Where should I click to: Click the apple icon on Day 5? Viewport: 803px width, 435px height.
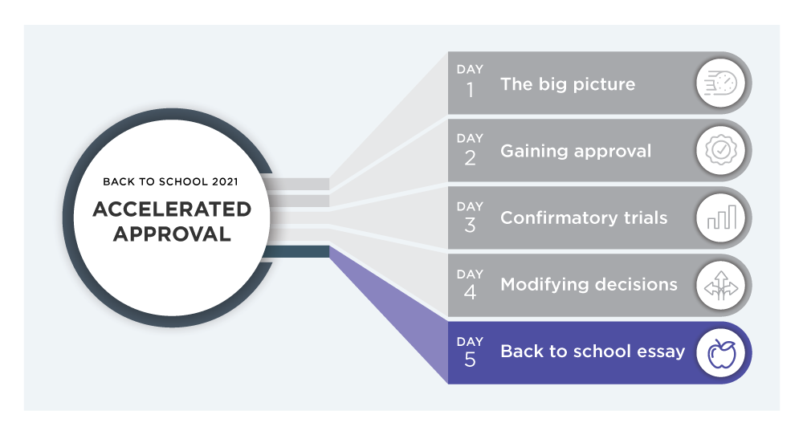(x=722, y=353)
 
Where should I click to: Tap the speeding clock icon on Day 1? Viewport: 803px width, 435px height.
(x=720, y=83)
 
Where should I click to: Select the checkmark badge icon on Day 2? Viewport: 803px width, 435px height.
(x=721, y=150)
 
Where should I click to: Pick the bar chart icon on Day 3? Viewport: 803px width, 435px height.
(x=722, y=217)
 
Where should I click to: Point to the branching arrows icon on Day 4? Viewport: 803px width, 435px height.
(x=721, y=285)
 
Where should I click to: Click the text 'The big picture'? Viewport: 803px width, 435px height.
(x=568, y=84)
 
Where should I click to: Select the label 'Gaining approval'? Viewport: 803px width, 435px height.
(x=576, y=152)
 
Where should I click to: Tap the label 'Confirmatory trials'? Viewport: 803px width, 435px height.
(x=584, y=218)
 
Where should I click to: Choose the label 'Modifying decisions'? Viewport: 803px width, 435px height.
(x=589, y=285)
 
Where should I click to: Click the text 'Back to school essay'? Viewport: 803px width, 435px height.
(x=593, y=352)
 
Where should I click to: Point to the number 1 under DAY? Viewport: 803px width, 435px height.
(x=470, y=91)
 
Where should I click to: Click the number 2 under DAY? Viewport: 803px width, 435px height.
(x=470, y=158)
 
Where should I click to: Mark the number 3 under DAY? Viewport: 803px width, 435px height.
(x=470, y=226)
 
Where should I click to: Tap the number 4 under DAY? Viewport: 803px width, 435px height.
(x=470, y=292)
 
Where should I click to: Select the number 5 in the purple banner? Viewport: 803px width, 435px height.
(x=470, y=360)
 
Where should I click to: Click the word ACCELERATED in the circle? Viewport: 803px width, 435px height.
(x=172, y=209)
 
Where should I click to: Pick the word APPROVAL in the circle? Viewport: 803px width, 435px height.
(x=172, y=234)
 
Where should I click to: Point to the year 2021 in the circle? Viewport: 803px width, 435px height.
(x=226, y=181)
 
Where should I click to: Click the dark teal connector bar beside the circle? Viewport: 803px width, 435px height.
(x=296, y=251)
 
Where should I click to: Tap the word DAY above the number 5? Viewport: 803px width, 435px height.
(x=470, y=341)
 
